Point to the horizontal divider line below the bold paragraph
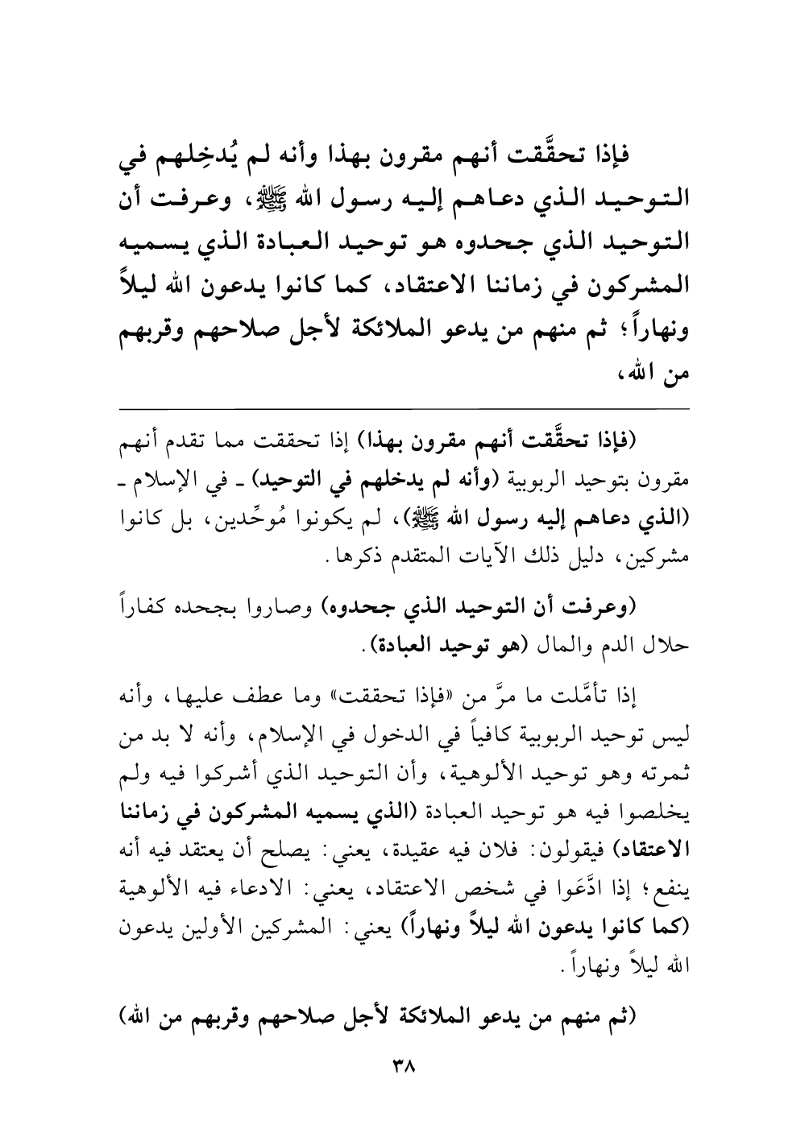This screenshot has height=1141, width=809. pyautogui.click(x=404, y=410)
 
